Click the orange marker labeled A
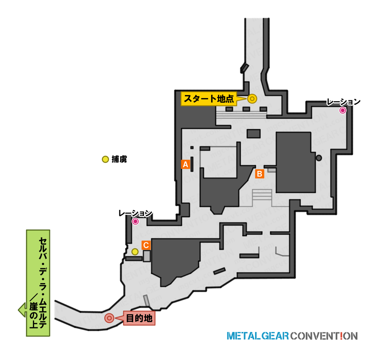click(x=185, y=164)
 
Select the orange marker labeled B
click(x=260, y=174)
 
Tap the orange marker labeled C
click(x=146, y=245)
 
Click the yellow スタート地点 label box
click(x=209, y=99)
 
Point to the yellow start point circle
click(x=252, y=99)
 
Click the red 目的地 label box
click(x=139, y=318)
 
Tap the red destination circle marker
click(x=109, y=318)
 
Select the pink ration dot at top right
click(x=343, y=110)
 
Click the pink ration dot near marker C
click(x=135, y=221)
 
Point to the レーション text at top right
click(x=343, y=102)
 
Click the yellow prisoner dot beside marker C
click(x=135, y=252)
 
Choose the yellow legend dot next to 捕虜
click(x=105, y=159)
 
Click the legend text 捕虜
click(x=119, y=159)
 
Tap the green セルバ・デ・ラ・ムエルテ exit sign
click(x=38, y=283)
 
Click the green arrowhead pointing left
click(x=22, y=310)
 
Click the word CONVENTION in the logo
click(x=324, y=336)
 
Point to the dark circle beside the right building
click(x=319, y=158)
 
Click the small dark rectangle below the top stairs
click(x=253, y=134)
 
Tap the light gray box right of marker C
click(x=146, y=256)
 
